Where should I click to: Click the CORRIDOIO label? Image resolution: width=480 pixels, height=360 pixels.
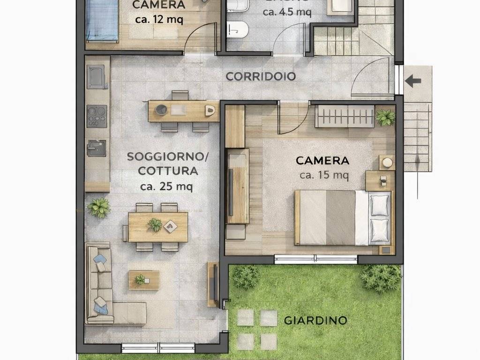(261, 76)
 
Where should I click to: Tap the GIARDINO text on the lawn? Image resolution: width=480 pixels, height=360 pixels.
(315, 321)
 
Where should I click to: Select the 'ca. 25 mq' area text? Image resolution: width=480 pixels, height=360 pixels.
(166, 186)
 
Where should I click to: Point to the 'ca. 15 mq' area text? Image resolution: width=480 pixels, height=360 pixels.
(324, 175)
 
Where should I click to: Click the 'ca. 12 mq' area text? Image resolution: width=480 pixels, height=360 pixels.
(159, 20)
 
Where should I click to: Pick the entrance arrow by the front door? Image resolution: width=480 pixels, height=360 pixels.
(412, 81)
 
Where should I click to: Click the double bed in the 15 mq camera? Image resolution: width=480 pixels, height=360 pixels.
(342, 217)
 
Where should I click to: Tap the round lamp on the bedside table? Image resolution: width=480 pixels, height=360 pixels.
(387, 163)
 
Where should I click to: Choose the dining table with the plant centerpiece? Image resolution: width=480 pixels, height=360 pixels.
(158, 227)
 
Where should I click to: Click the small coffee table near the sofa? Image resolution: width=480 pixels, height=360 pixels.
(143, 280)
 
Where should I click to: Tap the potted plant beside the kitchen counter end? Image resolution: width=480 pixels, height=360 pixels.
(99, 207)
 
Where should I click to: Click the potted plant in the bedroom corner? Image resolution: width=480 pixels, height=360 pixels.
(385, 117)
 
